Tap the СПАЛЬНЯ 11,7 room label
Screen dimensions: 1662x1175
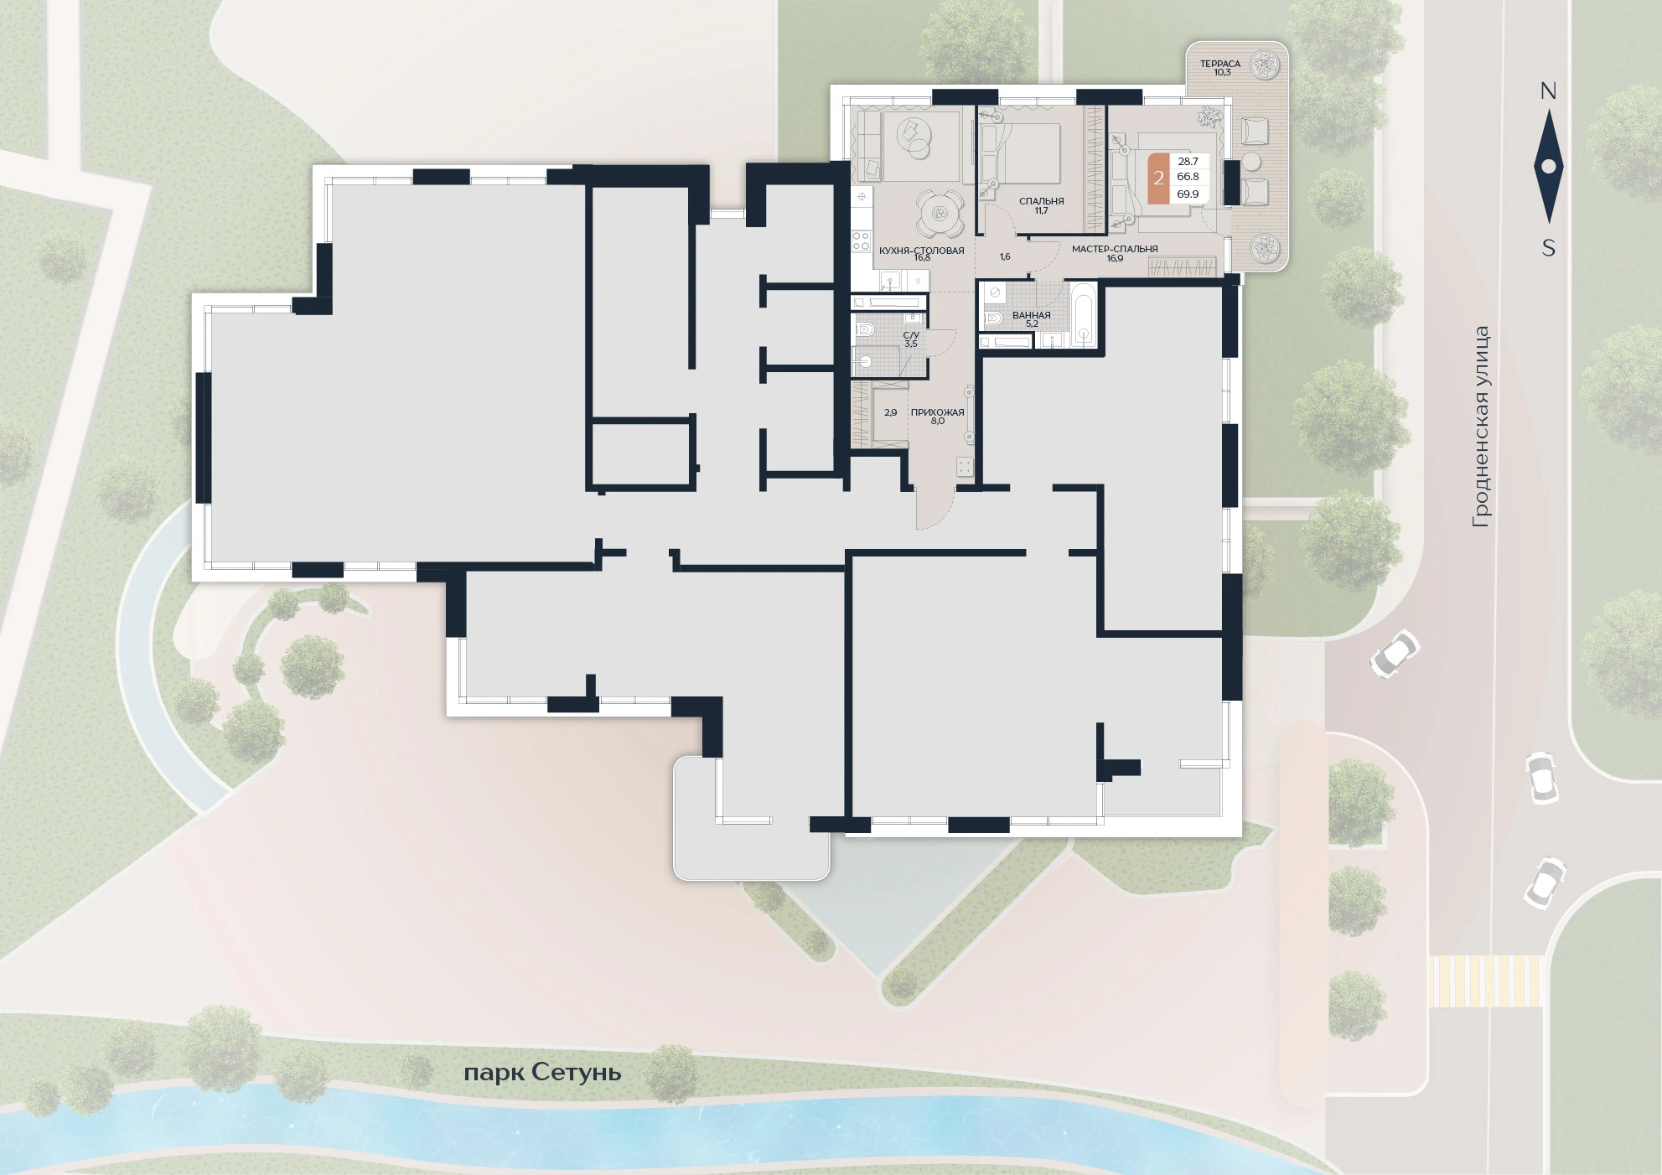1041,205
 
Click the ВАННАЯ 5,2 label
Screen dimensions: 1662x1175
1031,319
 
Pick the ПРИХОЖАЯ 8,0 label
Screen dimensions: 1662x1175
937,417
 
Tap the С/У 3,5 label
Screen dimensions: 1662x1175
911,339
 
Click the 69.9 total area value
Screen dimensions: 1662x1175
1188,194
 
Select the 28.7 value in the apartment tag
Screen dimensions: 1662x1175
1188,162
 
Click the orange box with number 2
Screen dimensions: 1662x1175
1158,178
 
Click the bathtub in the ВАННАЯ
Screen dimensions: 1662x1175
1083,316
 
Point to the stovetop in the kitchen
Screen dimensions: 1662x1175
861,241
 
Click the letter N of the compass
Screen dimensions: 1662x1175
1548,91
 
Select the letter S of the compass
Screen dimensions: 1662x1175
1549,248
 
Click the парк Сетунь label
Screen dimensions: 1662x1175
542,1073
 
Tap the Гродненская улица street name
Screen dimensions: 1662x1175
1481,427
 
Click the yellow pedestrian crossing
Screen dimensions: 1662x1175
1485,981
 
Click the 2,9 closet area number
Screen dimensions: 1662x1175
890,412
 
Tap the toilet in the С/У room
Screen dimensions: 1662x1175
866,329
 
